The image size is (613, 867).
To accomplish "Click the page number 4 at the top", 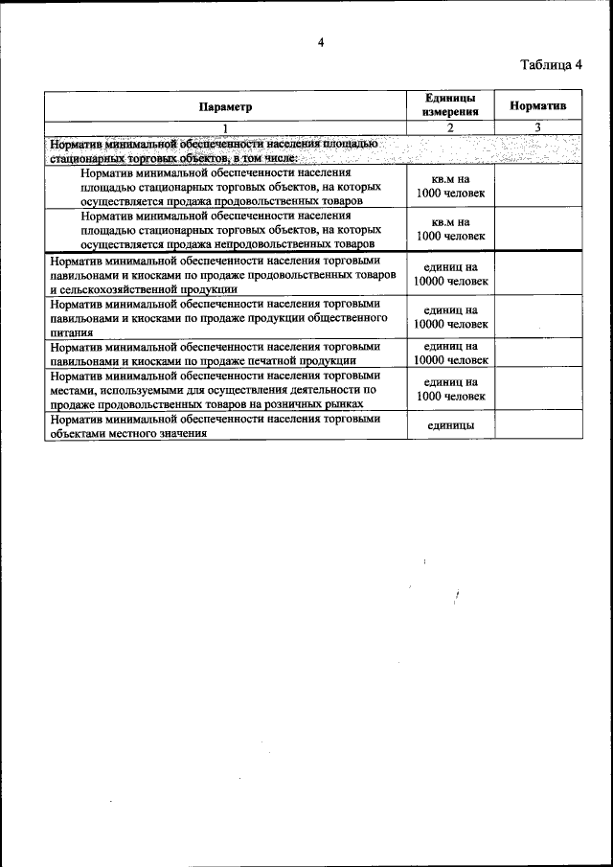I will click(322, 41).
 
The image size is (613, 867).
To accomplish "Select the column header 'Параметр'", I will click(226, 106).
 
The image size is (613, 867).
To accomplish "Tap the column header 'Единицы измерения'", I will click(450, 106).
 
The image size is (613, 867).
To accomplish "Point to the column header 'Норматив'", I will click(537, 106).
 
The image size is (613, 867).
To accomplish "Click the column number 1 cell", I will click(226, 127).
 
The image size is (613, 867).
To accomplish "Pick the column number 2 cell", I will click(450, 127).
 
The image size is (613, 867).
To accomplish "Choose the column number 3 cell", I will click(537, 127).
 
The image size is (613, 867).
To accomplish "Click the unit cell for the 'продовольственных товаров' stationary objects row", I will click(450, 187).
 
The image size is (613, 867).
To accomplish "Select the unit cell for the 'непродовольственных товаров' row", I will click(450, 229).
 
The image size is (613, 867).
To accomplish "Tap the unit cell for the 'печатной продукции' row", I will click(450, 354).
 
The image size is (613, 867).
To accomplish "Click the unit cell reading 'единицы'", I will click(450, 425).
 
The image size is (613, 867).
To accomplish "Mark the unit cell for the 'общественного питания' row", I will click(450, 317).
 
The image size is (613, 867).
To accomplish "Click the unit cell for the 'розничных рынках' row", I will click(450, 389).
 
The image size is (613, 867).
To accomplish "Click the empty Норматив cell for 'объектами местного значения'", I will click(537, 425).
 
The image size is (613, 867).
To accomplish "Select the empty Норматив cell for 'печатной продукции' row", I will click(537, 354).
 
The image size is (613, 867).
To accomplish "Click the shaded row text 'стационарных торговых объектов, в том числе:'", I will click(172, 157).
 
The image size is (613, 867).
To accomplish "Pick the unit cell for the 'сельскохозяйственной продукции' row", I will click(450, 274).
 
